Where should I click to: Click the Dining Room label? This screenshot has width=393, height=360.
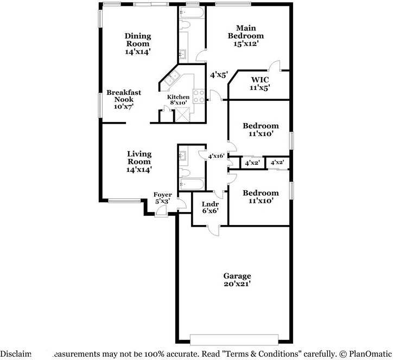coord(138,44)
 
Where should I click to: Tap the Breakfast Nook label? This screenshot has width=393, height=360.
coord(123,100)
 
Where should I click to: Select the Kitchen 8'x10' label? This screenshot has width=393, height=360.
coord(178,100)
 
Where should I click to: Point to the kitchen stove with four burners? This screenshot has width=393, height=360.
coord(199,96)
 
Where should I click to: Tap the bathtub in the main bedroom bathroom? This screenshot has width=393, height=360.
coord(191,11)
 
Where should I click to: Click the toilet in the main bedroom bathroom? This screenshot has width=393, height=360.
coord(184,25)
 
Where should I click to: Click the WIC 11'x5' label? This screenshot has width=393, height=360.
coord(259,83)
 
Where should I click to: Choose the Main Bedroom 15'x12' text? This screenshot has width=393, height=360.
coord(250,36)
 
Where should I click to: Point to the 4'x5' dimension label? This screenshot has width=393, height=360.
coord(219,75)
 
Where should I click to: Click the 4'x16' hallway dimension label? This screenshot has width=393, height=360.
coord(217,156)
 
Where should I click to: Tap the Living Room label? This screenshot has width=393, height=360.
coord(139,162)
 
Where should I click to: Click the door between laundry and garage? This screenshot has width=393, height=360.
coord(215,230)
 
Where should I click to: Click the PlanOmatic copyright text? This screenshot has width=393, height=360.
coord(364,352)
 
